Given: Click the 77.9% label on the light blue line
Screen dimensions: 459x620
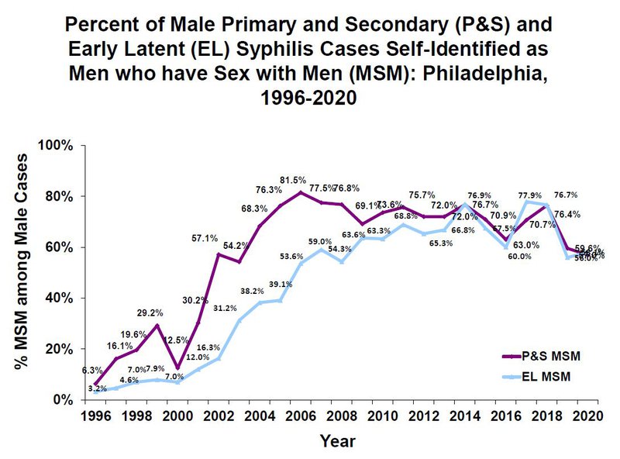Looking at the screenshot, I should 530,195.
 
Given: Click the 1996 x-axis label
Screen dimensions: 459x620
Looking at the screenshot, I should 95,415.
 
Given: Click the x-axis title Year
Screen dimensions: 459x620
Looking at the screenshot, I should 339,441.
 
